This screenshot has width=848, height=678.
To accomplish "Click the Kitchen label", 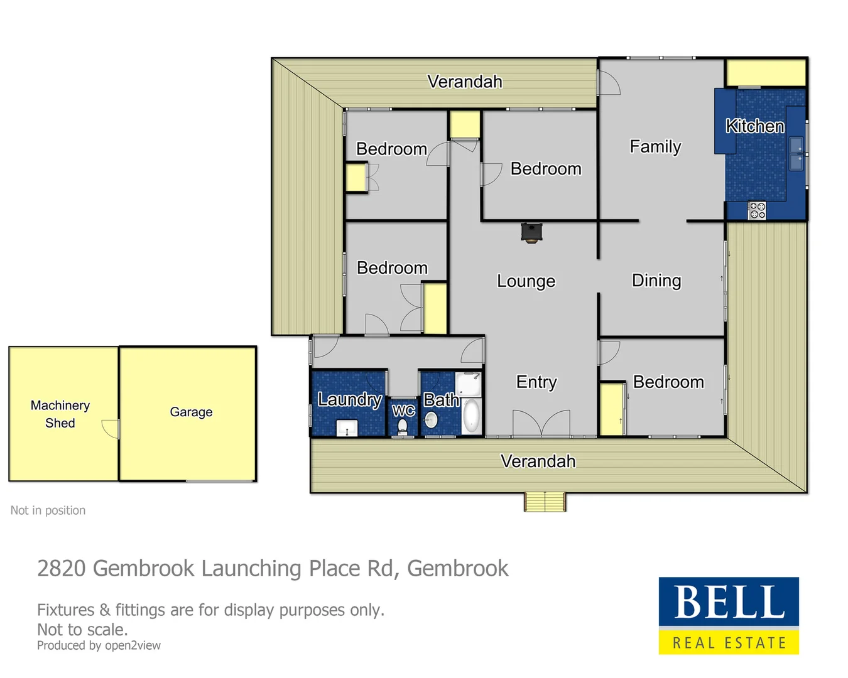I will click(755, 126).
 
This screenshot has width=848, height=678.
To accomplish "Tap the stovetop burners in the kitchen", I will click(757, 210).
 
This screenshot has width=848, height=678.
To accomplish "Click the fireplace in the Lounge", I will click(531, 232).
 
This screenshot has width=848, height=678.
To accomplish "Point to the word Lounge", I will click(526, 281).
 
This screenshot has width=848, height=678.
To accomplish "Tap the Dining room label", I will click(656, 280).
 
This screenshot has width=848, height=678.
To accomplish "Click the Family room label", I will click(655, 146).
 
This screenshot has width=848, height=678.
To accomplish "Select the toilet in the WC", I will click(403, 426).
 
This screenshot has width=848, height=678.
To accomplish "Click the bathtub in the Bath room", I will click(471, 416).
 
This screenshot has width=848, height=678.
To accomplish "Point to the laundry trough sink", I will click(347, 428).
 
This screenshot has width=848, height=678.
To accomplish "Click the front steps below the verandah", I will click(545, 502).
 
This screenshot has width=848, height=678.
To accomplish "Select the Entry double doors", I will click(541, 424).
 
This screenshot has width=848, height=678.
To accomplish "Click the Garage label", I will click(191, 412).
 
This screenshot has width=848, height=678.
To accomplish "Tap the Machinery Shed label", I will click(60, 414).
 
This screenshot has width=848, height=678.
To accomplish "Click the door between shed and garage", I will click(112, 429).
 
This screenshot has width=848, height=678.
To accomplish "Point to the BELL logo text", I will click(729, 602).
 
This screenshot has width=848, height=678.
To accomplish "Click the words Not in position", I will click(48, 510).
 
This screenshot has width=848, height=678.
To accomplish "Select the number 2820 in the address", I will click(61, 568).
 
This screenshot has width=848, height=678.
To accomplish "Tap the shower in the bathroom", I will click(468, 384).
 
